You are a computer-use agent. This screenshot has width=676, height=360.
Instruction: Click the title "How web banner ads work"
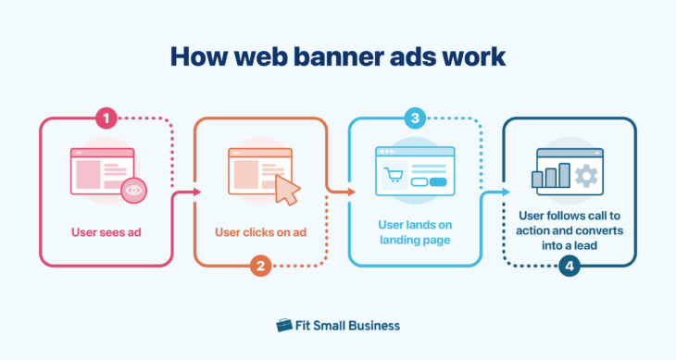point(338,56)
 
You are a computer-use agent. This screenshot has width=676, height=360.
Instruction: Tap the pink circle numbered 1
point(106,118)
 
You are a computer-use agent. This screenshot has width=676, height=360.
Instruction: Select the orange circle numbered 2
point(260,267)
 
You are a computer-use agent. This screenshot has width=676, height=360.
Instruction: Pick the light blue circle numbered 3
point(415,118)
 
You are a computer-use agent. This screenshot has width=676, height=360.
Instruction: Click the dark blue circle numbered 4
point(569,267)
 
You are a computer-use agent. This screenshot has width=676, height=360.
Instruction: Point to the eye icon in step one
point(135,190)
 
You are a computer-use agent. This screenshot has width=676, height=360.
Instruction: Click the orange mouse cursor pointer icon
point(288,191)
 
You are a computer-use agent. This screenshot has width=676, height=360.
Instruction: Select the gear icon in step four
point(585,176)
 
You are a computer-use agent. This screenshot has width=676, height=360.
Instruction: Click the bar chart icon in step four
point(551,176)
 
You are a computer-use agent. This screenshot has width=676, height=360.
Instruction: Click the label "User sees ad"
point(106,231)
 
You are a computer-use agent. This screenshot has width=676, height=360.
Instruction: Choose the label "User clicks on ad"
point(260,231)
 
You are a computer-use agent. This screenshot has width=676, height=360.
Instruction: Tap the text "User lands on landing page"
point(415,232)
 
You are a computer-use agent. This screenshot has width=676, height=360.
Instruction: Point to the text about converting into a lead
point(569,231)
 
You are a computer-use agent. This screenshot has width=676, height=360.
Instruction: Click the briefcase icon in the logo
point(284,325)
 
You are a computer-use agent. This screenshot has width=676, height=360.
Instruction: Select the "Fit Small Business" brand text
point(348,325)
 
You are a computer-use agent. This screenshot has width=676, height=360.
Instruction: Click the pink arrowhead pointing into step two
point(197,192)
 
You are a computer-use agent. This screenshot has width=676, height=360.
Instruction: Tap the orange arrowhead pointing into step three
point(351,192)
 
